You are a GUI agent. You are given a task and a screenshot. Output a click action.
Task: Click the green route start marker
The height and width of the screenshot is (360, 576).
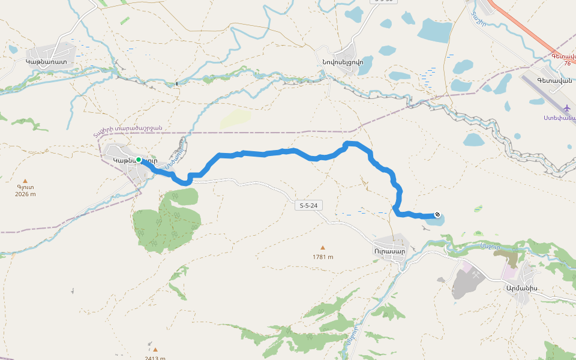tap(139, 160)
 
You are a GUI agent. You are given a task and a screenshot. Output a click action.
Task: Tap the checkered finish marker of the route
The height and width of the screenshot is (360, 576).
tap(437, 215)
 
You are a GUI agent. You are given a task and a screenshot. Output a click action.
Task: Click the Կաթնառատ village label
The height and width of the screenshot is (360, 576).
tap(46, 61)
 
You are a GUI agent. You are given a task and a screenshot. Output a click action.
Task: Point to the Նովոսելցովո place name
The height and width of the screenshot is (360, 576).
tap(347, 61)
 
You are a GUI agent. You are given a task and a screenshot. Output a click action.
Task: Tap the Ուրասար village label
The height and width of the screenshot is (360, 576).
tap(389, 251)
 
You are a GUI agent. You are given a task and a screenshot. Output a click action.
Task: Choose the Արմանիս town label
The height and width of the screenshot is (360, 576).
tap(521, 287)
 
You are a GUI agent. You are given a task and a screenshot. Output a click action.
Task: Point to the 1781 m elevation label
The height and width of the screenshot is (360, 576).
tap(323, 257)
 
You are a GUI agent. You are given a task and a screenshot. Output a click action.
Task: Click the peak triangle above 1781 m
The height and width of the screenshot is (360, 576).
tap(323, 247)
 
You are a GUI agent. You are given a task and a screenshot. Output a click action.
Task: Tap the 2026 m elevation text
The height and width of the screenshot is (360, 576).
tap(25, 194)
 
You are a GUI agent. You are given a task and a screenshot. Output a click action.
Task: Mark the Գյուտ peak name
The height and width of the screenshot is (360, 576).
tap(25, 187)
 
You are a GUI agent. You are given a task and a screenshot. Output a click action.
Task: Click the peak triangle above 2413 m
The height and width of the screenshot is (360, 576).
tap(155, 349)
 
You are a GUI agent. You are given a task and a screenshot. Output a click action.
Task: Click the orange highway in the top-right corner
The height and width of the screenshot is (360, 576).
tap(528, 30)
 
